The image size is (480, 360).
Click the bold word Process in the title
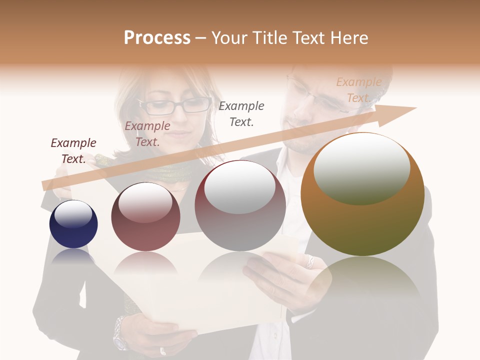(x=157, y=38)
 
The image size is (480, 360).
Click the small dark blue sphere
(x=73, y=224)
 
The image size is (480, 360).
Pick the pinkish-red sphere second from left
(x=145, y=217)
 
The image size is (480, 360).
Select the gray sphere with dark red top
(x=240, y=206)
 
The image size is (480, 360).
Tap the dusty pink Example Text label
(x=147, y=134)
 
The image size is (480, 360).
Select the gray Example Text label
(x=241, y=113)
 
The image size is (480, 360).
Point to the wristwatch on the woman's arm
(x=120, y=333)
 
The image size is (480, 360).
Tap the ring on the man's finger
(x=310, y=261)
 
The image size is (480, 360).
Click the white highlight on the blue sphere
(x=73, y=214)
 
